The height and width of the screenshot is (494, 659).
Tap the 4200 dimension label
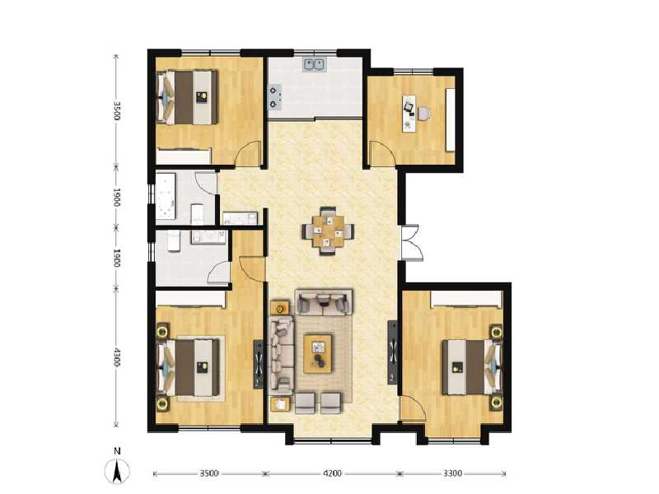[x=332, y=474]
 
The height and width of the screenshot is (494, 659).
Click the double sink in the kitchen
[x=315, y=63]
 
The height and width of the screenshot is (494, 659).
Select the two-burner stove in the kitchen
[x=274, y=96]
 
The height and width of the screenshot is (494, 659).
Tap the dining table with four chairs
[x=332, y=231]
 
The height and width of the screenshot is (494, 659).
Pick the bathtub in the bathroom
[x=169, y=196]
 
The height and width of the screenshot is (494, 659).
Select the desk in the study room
[x=409, y=113]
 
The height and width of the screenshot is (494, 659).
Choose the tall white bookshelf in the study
[x=450, y=119]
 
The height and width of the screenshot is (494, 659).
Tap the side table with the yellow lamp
[x=279, y=309]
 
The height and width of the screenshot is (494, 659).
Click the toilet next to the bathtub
[x=197, y=214]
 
